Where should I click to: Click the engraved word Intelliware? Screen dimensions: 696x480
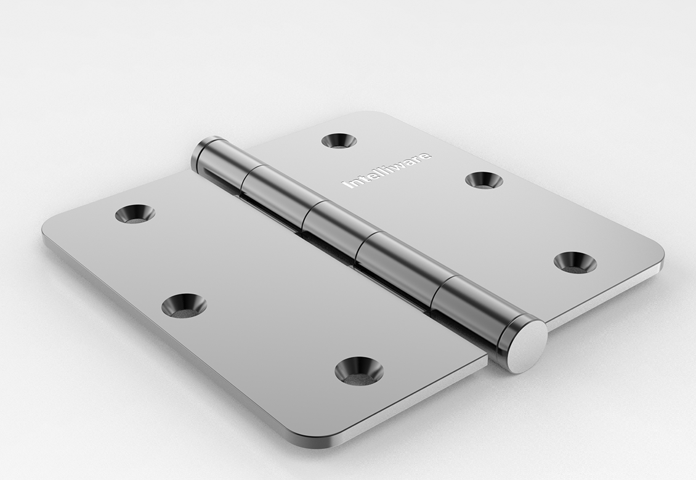pyautogui.click(x=387, y=170)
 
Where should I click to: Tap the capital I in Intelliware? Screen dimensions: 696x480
pyautogui.click(x=347, y=184)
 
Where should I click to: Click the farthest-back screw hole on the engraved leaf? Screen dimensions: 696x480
pyautogui.click(x=339, y=140)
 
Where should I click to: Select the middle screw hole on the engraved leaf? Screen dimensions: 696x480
pyautogui.click(x=484, y=179)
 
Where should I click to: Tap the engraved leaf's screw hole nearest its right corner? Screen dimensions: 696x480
pyautogui.click(x=575, y=261)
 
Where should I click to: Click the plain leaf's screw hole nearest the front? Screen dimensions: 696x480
pyautogui.click(x=359, y=370)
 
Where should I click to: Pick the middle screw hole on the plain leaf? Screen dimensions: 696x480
pyautogui.click(x=184, y=305)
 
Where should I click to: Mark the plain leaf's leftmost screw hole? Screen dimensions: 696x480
pyautogui.click(x=135, y=214)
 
